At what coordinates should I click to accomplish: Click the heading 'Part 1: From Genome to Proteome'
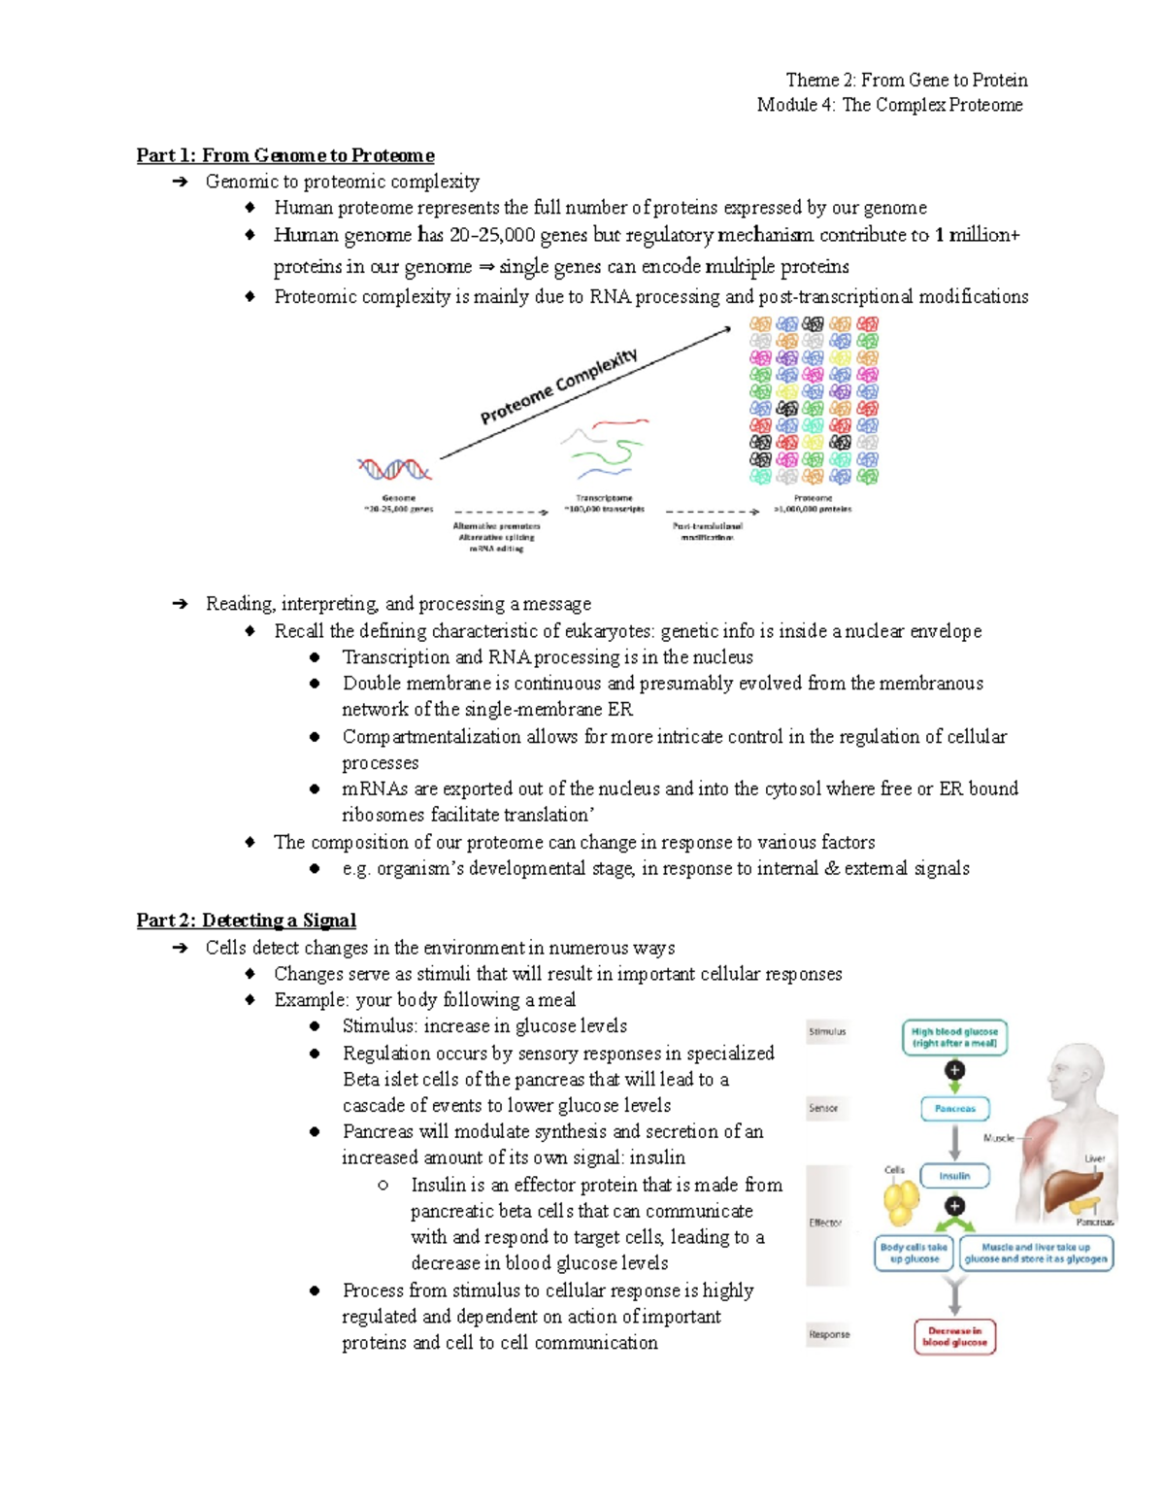point(284,155)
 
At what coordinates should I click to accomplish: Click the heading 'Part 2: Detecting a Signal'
point(246,920)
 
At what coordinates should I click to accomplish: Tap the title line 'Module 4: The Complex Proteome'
point(889,105)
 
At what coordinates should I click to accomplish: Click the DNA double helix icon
point(394,470)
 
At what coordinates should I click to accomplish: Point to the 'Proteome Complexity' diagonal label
point(559,386)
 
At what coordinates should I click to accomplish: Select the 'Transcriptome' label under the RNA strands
point(604,498)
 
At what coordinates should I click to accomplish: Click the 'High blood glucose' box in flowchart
point(954,1037)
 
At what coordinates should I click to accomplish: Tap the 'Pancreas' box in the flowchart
point(954,1108)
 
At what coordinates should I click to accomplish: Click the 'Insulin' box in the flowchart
point(954,1176)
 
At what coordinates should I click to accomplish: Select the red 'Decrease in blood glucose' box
point(954,1336)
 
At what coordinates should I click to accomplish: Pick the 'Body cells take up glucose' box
point(914,1253)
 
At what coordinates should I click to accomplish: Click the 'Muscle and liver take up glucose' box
point(1035,1253)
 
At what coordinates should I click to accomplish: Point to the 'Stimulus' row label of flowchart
point(827,1031)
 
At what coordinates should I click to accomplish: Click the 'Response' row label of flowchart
point(829,1334)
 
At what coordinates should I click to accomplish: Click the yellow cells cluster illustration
point(901,1200)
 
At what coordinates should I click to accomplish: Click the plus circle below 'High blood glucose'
point(954,1070)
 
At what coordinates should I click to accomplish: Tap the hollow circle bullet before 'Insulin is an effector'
point(383,1185)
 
